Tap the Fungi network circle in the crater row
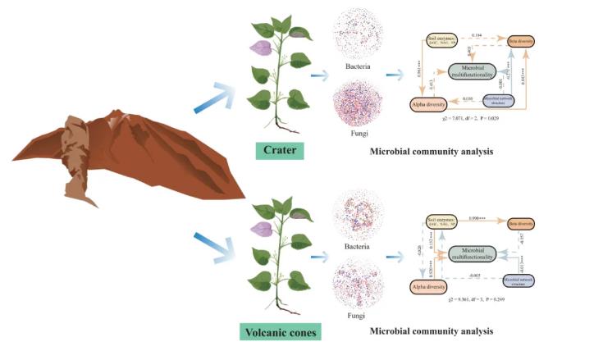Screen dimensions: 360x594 [359, 109]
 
